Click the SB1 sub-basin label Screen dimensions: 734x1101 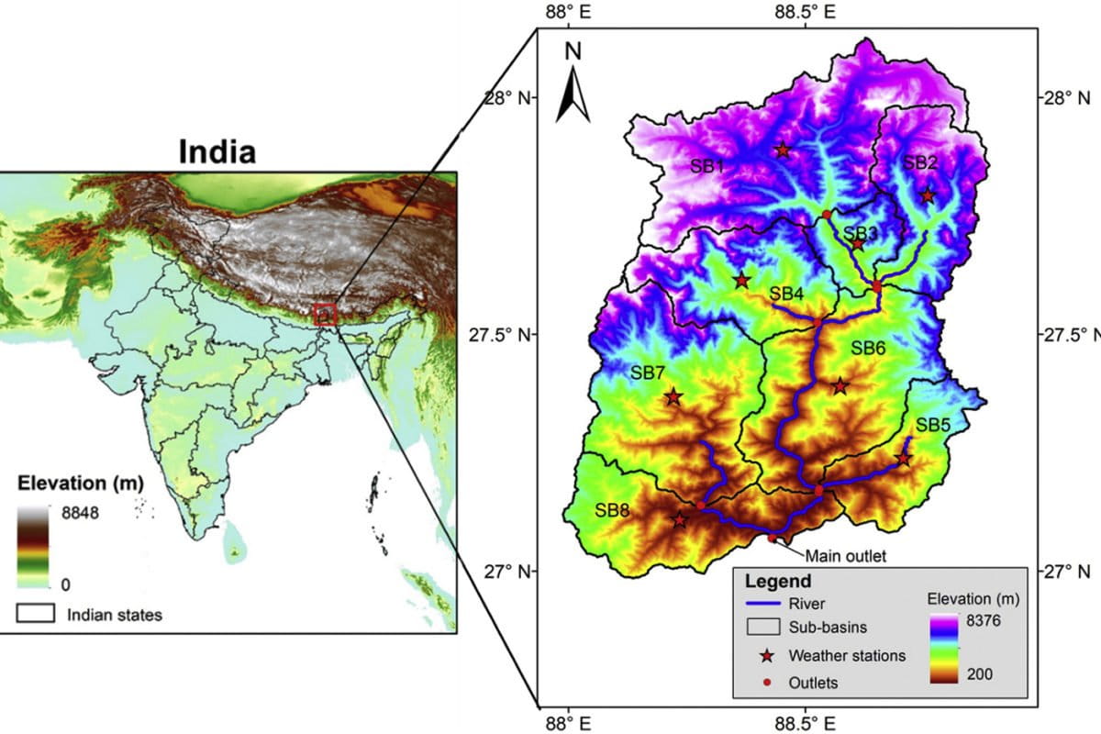(707, 166)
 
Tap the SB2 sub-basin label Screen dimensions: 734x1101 (919, 162)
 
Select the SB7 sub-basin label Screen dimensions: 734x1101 (648, 373)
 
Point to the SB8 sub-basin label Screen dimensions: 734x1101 (612, 510)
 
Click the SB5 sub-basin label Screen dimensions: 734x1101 (932, 425)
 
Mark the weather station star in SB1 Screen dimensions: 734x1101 (782, 150)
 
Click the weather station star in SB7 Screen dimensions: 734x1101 (673, 396)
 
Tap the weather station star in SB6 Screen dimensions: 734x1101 (840, 385)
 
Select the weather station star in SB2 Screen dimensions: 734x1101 (928, 195)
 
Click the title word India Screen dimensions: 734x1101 (217, 150)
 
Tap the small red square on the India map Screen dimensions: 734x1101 (325, 315)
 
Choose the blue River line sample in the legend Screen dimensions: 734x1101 (767, 604)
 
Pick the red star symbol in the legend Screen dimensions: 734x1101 (766, 655)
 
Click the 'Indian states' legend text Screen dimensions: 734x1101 (114, 615)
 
